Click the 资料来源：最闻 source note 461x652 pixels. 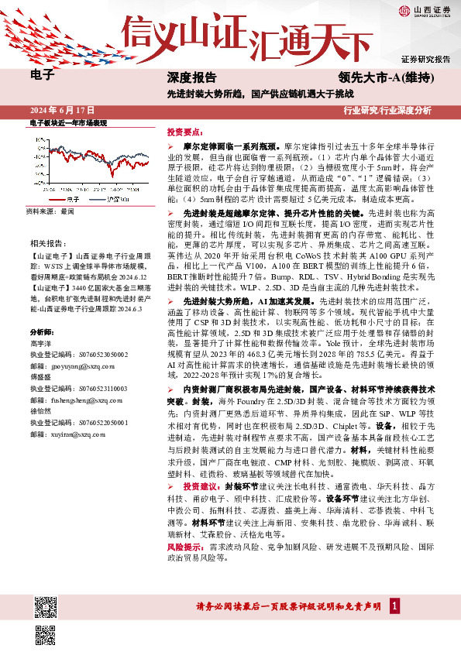(x=50, y=211)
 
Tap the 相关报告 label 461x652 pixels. (x=46, y=243)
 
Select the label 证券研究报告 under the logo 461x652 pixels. (x=425, y=59)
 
